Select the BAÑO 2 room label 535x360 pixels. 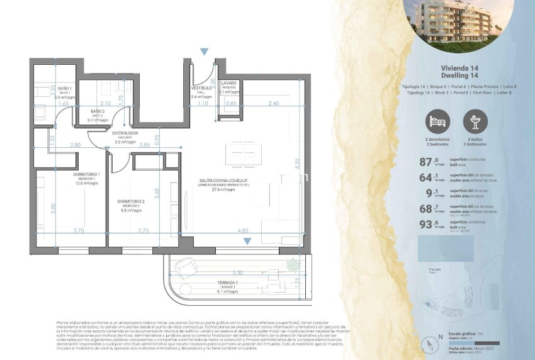click(97, 111)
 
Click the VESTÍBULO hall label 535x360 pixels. click(201, 88)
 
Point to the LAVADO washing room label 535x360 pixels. click(228, 83)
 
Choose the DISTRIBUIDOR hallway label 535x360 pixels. click(125, 133)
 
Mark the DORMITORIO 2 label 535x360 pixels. click(131, 202)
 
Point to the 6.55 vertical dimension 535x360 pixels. click(296, 161)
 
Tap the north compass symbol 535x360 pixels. click(431, 344)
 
